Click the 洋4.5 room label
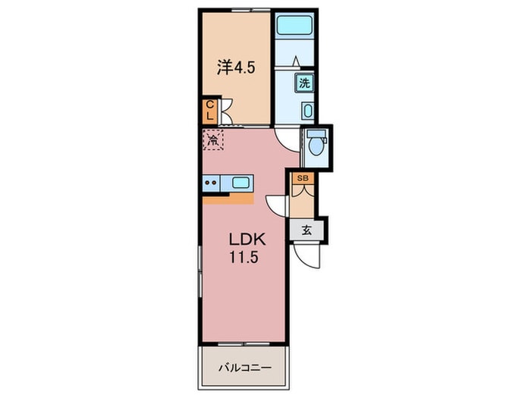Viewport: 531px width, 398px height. click(x=236, y=68)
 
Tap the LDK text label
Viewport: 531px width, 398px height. click(x=247, y=240)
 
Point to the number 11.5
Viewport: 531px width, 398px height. click(x=244, y=258)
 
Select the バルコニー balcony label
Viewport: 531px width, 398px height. click(x=245, y=368)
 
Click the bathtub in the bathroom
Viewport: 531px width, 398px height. click(x=294, y=25)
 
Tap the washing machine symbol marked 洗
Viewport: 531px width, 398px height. click(x=303, y=83)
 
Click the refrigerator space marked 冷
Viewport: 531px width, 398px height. click(x=213, y=139)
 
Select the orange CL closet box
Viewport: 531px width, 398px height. click(x=209, y=111)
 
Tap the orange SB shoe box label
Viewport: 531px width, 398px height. click(x=303, y=178)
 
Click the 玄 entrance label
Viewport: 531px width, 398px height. click(x=306, y=230)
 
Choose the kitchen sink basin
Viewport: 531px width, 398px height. click(x=240, y=183)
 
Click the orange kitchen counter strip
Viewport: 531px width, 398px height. click(x=228, y=199)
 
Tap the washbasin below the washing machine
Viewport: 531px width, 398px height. click(x=307, y=111)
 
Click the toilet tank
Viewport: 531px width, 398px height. click(x=316, y=133)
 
